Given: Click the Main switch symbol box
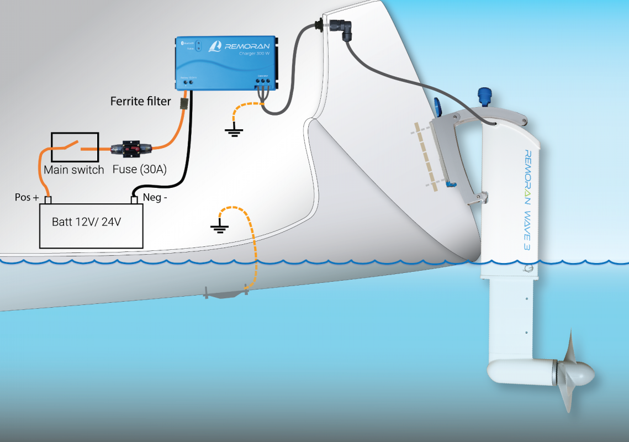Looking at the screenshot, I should tap(75, 148).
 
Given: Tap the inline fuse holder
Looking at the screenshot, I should tap(131, 149).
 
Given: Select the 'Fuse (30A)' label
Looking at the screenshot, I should tap(139, 169).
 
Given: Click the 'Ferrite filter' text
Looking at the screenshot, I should tap(140, 101).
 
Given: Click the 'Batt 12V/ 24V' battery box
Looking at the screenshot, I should tap(91, 225).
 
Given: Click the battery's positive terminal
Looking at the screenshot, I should tap(48, 199).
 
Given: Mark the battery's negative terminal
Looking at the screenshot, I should tap(133, 199).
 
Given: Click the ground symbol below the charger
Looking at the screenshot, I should tap(234, 131).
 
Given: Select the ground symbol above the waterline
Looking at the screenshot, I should tap(219, 227).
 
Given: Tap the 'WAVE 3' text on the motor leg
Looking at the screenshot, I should tap(522, 229).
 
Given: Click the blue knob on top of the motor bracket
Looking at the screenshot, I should tap(486, 96).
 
